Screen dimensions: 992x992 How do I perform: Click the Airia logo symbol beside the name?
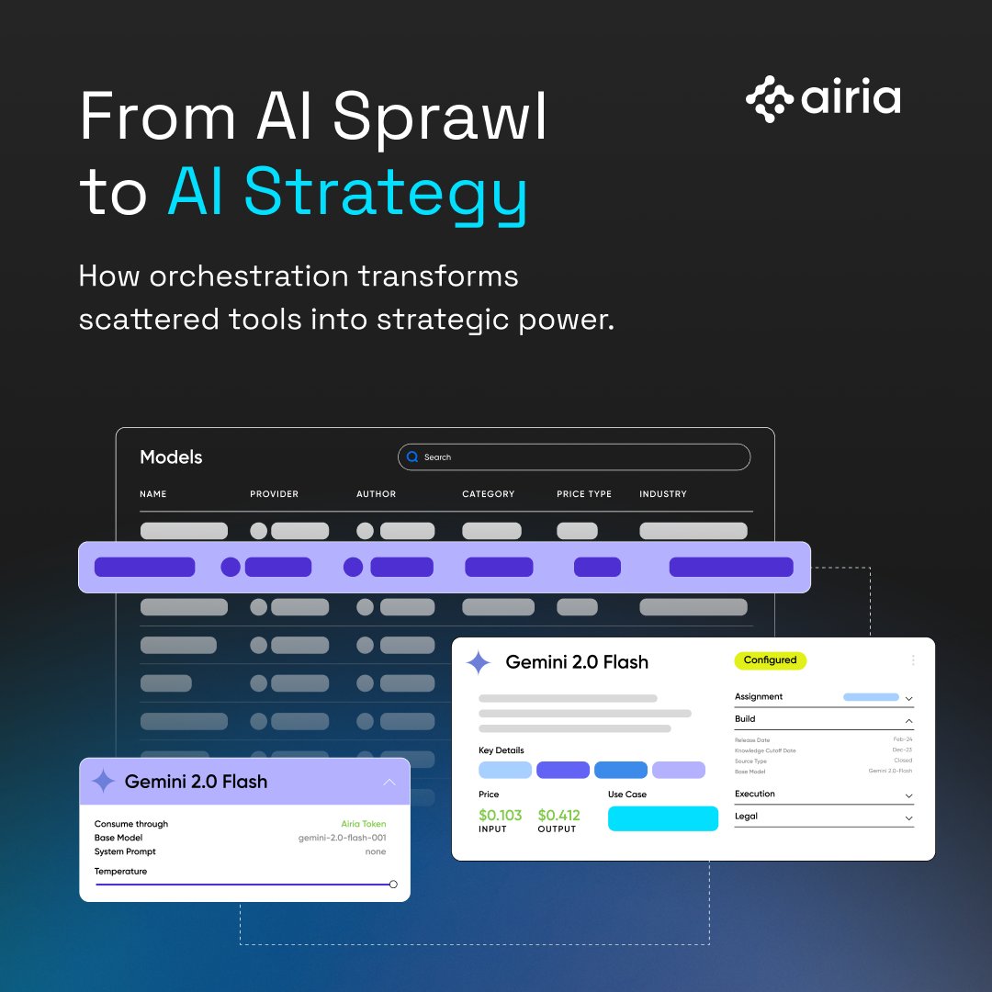coord(769,99)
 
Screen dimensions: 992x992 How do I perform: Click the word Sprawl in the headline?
coord(440,117)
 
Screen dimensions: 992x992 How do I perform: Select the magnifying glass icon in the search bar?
coord(412,457)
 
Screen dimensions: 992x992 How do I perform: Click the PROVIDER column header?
coord(274,494)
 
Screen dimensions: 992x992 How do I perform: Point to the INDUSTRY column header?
coord(663,494)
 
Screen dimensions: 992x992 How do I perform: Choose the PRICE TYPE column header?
coord(584,494)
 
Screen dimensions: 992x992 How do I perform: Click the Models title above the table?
coord(171,457)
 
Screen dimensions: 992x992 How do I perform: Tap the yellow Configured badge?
coord(771,660)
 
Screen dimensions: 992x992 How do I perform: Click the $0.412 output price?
coord(558,815)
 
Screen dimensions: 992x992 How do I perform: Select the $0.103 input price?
coord(500,815)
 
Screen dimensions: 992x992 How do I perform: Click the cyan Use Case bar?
coord(663,818)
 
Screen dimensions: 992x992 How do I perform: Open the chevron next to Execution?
coord(908,795)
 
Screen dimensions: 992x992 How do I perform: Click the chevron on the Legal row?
coord(908,817)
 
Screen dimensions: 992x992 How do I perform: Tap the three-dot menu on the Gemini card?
coord(913,660)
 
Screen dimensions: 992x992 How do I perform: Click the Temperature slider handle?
coord(393,885)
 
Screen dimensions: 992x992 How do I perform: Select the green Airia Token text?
coord(363,825)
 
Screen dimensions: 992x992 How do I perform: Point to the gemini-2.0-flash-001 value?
coord(342,839)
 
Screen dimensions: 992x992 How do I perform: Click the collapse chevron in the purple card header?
coord(389,783)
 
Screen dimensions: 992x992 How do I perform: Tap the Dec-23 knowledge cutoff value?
coord(902,750)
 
